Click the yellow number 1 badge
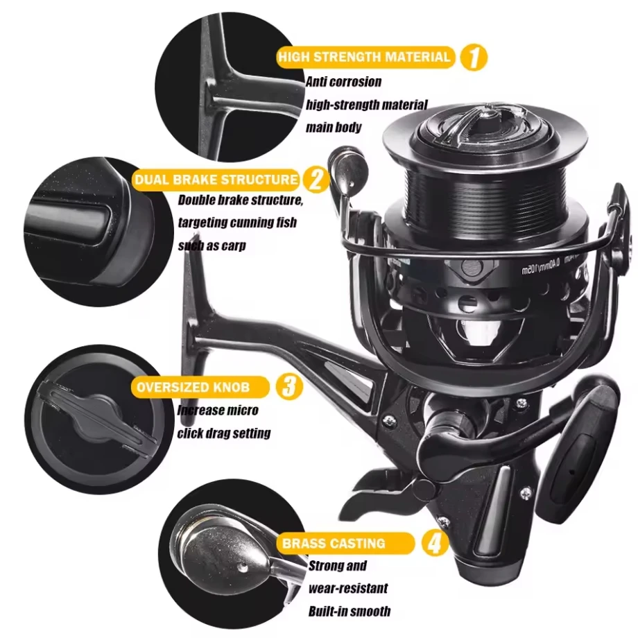[474, 57]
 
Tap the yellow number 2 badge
[316, 180]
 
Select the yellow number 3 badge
[289, 386]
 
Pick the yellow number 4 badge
[434, 543]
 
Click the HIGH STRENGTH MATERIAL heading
[365, 57]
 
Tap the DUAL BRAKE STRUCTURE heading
[216, 180]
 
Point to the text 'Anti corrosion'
[343, 82]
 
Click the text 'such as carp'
[212, 246]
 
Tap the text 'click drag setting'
[223, 433]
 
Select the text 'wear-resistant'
[348, 589]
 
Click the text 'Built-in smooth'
[349, 612]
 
